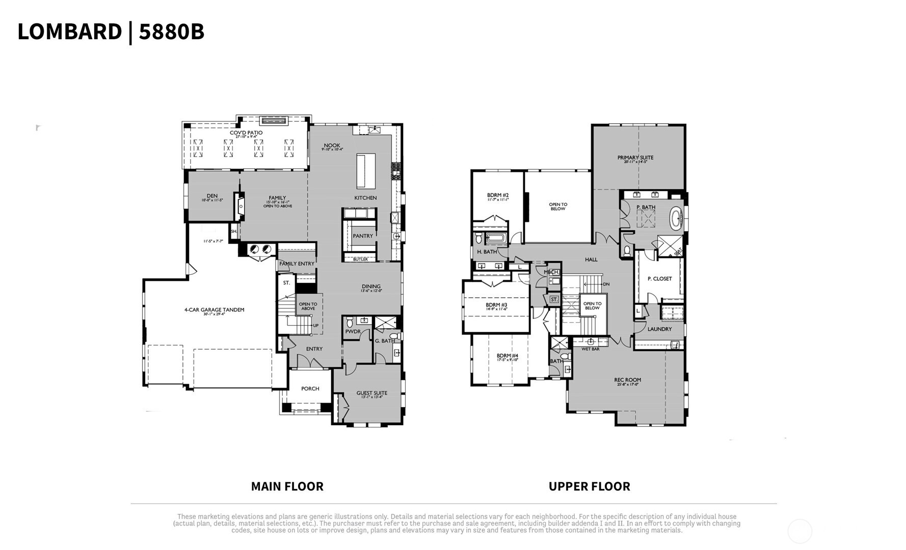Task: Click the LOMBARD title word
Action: (x=69, y=32)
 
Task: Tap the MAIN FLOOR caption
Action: (x=287, y=486)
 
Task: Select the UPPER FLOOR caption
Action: (x=589, y=486)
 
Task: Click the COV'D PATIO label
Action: (x=246, y=133)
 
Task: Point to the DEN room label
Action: (x=212, y=196)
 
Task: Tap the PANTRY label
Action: (x=363, y=236)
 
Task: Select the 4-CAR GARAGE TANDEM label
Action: (x=214, y=310)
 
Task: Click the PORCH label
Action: (x=310, y=389)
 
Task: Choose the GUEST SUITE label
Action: (x=371, y=394)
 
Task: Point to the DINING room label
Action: (x=371, y=287)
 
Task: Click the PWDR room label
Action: (x=353, y=332)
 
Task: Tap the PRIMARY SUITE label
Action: (x=635, y=158)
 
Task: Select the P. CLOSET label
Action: (x=659, y=279)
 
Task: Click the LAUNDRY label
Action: (x=659, y=329)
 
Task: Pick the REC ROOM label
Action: (x=627, y=380)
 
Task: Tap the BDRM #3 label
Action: (x=496, y=305)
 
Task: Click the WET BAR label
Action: (x=590, y=349)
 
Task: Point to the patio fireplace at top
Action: (x=274, y=121)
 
